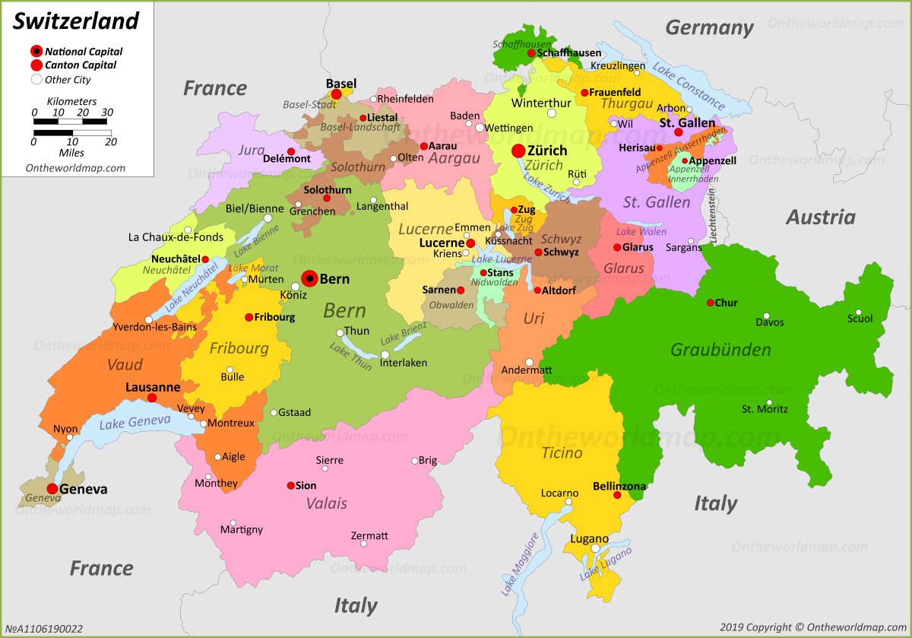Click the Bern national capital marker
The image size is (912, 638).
click(x=309, y=279)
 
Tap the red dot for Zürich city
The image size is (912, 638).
click(x=518, y=151)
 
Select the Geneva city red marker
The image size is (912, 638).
click(x=52, y=489)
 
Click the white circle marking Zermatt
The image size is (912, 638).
click(x=363, y=543)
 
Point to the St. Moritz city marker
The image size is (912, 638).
click(x=769, y=403)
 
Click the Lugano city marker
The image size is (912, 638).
click(x=596, y=548)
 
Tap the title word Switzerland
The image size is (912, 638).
click(x=76, y=21)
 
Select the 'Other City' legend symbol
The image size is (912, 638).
click(x=36, y=79)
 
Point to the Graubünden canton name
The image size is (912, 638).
click(x=720, y=350)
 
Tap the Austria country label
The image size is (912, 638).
click(x=820, y=217)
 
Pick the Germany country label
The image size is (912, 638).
click(x=709, y=28)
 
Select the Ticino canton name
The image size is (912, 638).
click(x=562, y=453)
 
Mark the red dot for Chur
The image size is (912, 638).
click(x=711, y=303)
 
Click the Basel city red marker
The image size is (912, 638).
click(x=336, y=94)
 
